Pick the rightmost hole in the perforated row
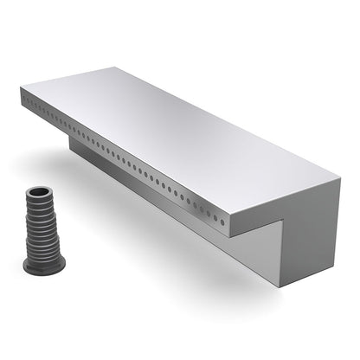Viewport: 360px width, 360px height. [223, 222]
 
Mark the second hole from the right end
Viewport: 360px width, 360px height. [216, 218]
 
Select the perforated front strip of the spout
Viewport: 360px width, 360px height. [121, 161]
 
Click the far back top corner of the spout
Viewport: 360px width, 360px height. [139, 67]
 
